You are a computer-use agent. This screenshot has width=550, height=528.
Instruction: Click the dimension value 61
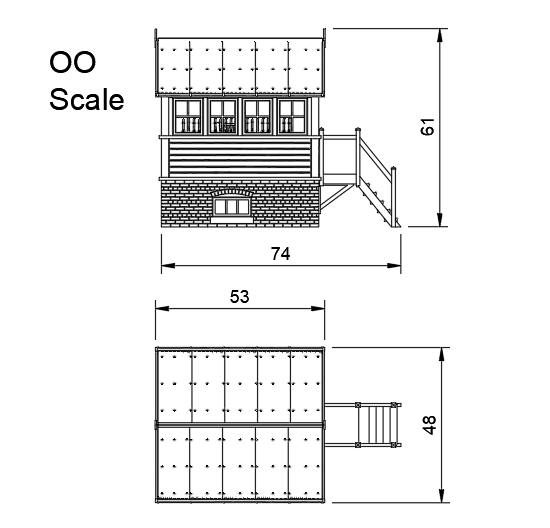[x=428, y=128]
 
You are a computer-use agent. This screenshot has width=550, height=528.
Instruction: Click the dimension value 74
[x=281, y=254]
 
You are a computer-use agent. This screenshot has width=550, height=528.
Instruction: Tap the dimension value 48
[x=429, y=426]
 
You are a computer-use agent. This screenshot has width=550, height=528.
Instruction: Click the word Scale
[x=87, y=100]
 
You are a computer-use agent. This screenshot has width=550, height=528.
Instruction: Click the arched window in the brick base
[x=231, y=204]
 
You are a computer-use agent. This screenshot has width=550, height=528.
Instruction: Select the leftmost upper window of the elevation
[x=187, y=116]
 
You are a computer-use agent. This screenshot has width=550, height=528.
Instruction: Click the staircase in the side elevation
[x=378, y=180]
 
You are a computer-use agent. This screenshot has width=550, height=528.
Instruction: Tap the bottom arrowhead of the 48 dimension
[x=442, y=498]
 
